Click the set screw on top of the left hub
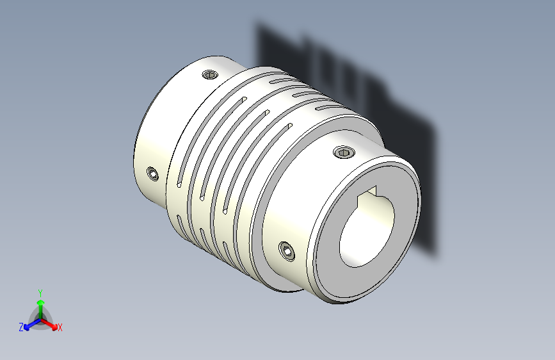[x=210, y=76]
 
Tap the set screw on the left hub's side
[x=152, y=174]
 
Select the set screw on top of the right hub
[x=344, y=152]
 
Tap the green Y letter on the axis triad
[x=40, y=292]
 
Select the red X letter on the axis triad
[x=60, y=327]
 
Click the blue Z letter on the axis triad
[x=21, y=327]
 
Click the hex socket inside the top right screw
[x=344, y=152]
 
